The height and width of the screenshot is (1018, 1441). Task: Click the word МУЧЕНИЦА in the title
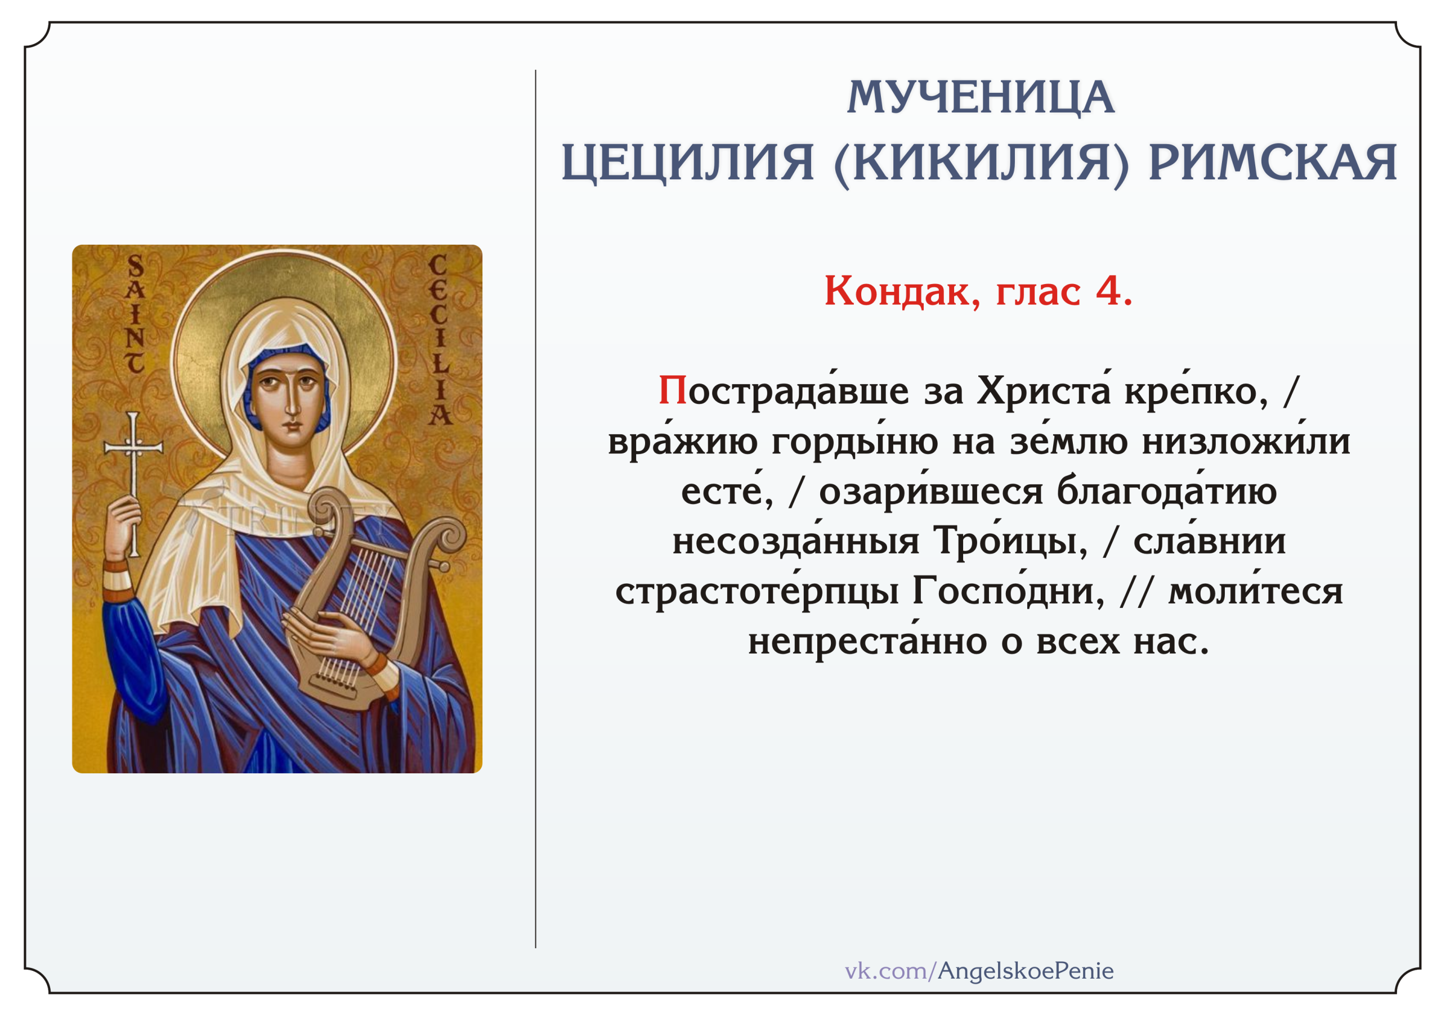[981, 98]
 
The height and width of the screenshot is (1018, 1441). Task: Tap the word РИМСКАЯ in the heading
[1273, 163]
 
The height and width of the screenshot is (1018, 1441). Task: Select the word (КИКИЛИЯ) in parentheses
[981, 164]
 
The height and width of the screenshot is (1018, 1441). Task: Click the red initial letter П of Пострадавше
[673, 391]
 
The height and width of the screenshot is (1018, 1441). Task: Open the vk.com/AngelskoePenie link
[979, 971]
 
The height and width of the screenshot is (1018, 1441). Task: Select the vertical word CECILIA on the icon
[438, 339]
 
